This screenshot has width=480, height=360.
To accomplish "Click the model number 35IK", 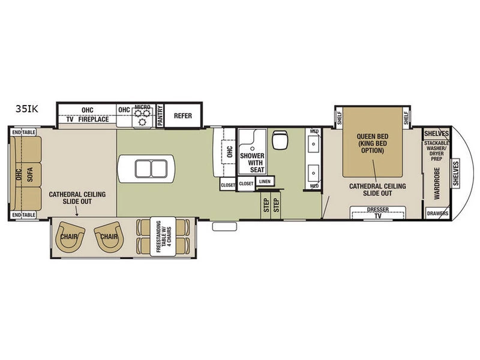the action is point(27,109).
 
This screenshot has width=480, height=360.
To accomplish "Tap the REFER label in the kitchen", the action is point(183,116).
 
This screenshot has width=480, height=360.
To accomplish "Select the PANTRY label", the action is point(160,115).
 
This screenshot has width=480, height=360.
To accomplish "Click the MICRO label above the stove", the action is point(142,107).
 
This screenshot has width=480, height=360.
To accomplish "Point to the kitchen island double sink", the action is point(151,169).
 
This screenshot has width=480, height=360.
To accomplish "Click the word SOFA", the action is point(29,174).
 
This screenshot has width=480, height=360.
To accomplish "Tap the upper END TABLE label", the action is point(24,132).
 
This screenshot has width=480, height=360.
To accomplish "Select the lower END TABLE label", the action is point(24,215).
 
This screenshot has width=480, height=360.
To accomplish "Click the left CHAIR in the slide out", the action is point(69,236).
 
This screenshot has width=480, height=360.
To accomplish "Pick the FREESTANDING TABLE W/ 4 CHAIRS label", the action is point(163,236).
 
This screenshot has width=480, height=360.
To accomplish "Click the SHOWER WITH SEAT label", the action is point(252,163).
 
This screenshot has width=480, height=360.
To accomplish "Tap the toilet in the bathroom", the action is point(280,140).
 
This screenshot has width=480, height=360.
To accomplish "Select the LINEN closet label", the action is point(265,182).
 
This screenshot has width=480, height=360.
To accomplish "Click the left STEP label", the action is point(266,205).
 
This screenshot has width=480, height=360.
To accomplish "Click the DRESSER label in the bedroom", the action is point(378,209).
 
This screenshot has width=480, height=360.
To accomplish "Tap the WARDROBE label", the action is point(437,184).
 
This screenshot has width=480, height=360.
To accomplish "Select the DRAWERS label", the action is point(438,214).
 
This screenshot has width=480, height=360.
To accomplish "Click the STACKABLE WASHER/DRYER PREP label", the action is point(437,151).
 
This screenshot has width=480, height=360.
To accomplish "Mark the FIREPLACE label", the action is point(94,119).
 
